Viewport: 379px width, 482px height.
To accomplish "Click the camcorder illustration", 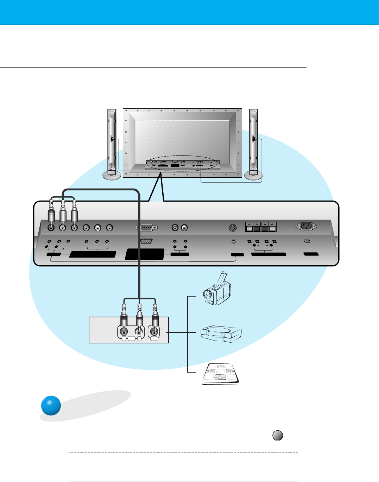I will (x=217, y=289).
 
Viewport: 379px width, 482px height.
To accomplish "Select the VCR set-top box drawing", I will (x=221, y=333).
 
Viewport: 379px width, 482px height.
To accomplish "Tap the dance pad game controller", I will (x=221, y=374).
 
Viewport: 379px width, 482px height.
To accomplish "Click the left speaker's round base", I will (x=112, y=175).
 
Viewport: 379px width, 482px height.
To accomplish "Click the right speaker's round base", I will (x=253, y=175).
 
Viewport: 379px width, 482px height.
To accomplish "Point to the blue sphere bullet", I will (x=51, y=406).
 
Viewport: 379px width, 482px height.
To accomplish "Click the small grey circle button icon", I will (x=278, y=436).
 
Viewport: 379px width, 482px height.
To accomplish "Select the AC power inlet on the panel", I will (x=306, y=227).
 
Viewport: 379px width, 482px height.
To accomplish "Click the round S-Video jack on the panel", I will (x=232, y=228).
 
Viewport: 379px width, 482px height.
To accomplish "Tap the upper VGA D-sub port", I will (x=146, y=228).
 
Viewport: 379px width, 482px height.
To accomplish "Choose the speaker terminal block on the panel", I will (x=261, y=227).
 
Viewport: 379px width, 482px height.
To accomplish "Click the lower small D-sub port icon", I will (x=146, y=241).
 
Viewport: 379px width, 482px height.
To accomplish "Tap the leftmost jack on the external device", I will (x=124, y=331).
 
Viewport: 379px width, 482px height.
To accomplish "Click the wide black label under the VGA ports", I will (x=145, y=254).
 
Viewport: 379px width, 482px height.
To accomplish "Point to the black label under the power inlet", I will (x=311, y=254).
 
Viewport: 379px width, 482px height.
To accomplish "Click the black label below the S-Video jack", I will (x=238, y=254).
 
